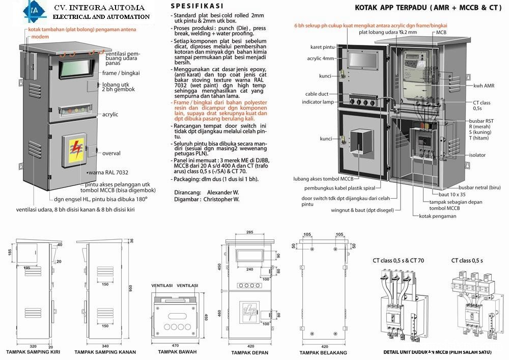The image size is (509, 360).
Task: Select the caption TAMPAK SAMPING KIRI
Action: [31, 352]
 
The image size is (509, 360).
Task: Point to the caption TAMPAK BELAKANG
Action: [323, 352]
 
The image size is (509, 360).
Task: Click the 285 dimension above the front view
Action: [249, 233]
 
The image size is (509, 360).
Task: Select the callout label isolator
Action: [477, 155]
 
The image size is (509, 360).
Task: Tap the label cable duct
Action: [317, 94]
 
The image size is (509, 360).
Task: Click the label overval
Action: [111, 153]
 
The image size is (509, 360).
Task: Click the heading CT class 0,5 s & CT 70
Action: [399, 261]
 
